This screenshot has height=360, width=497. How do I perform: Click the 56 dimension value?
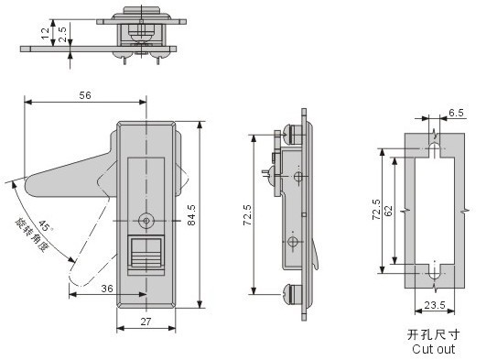coord(85,95)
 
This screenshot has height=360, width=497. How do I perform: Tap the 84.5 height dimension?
coord(191,215)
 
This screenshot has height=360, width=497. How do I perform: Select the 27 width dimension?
coord(146,322)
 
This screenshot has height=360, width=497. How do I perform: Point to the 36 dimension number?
coord(107,289)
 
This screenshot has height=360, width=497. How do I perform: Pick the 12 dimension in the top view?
coord(46,33)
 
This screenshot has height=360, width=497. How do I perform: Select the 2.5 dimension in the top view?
coord(63,34)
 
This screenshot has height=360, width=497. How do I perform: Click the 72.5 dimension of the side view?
coord(247,215)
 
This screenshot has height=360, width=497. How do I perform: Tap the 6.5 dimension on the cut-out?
coord(456,113)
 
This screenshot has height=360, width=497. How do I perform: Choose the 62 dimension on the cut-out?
coord(388,211)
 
